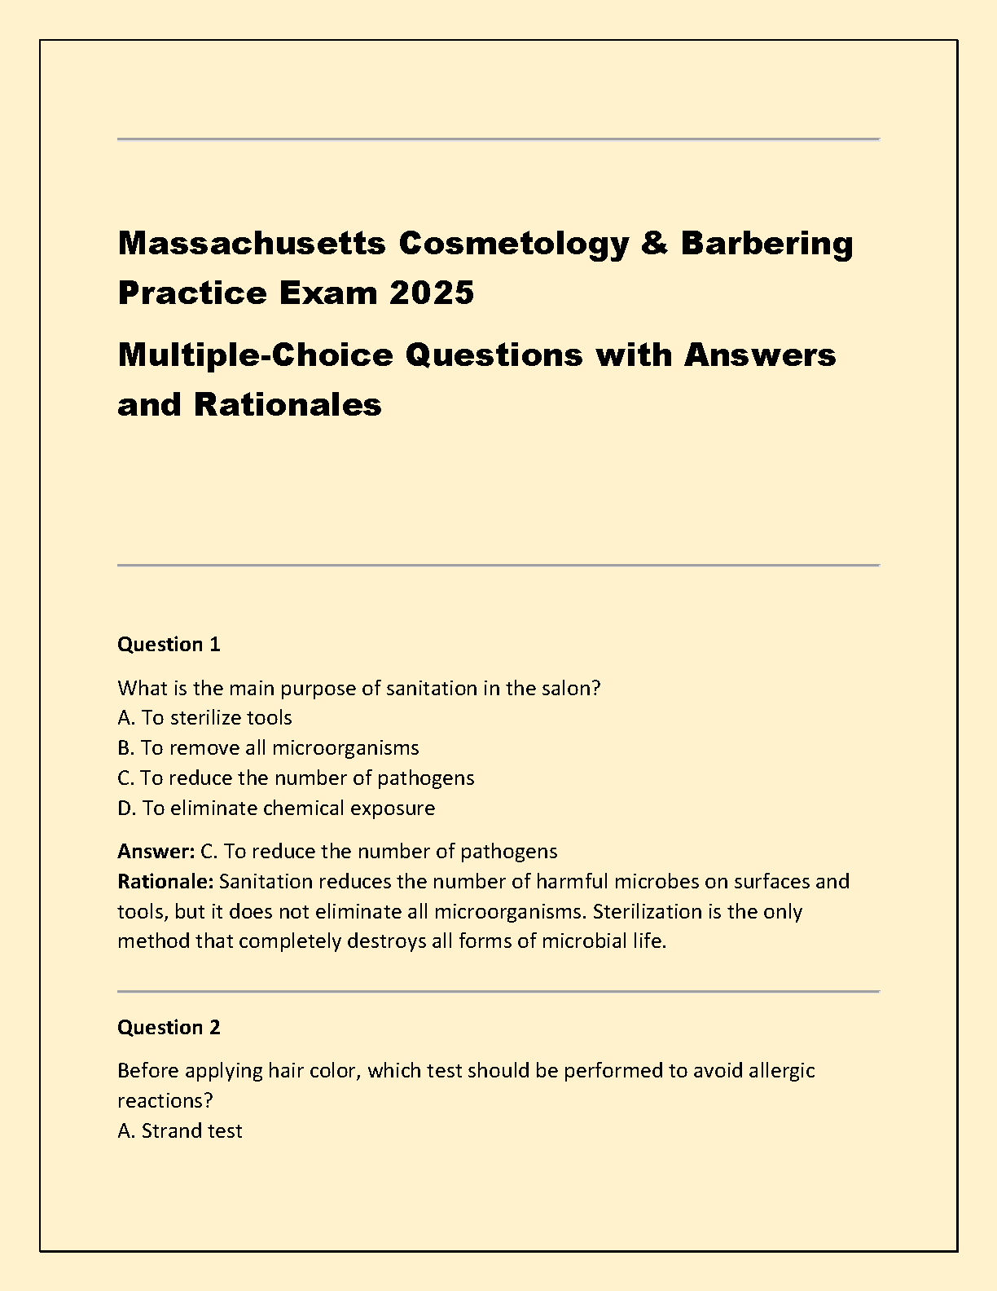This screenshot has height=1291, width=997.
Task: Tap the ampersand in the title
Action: [654, 243]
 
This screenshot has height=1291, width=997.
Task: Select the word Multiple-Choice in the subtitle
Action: [255, 355]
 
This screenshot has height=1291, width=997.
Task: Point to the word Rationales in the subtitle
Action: [288, 404]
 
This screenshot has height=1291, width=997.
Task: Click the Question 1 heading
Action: [169, 645]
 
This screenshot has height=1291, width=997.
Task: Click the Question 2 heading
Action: [169, 1028]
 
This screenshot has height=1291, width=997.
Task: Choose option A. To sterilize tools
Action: [204, 718]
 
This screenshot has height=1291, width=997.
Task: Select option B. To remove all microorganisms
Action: [268, 748]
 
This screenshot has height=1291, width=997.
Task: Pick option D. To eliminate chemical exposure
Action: [276, 809]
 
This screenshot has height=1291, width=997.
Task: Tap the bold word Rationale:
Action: [165, 882]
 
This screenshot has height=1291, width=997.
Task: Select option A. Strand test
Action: [180, 1131]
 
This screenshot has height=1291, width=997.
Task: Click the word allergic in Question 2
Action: [781, 1071]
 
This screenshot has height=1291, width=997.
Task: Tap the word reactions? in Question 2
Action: [165, 1101]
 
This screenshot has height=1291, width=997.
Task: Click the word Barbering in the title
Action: [766, 243]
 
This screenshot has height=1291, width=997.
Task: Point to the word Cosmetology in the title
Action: [513, 243]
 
